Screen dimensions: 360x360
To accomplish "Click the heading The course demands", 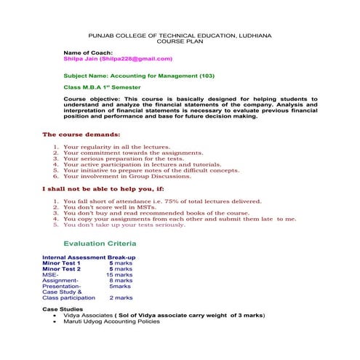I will (81, 135).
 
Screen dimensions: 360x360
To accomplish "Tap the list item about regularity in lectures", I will (116, 147).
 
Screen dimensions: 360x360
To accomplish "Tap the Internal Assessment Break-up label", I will (89, 258).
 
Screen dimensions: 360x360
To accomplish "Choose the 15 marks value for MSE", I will (119, 275).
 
